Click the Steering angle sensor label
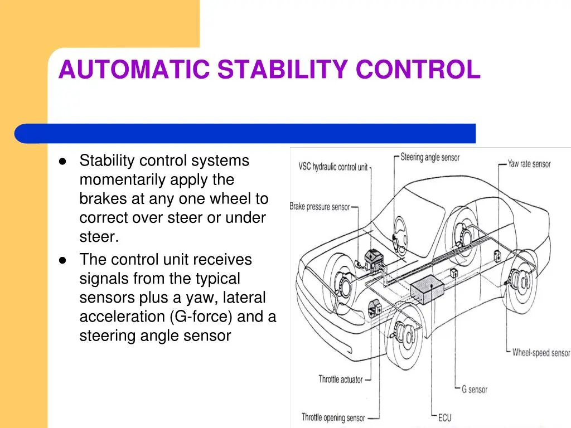pos(430,157)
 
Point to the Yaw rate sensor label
pos(529,164)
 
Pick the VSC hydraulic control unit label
pos(333,167)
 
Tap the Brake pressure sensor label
pos(320,207)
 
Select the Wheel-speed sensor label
pos(541,352)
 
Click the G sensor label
pos(475,390)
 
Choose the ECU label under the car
pos(444,417)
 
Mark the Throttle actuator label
pos(341,379)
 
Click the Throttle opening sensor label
pos(333,417)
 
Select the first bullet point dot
pos(62,161)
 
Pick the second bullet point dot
pos(62,260)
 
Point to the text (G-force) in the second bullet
pos(201,317)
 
